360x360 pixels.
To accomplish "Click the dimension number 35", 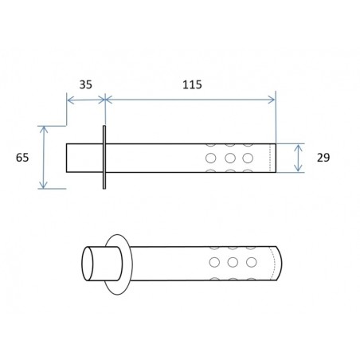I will [x=85, y=84].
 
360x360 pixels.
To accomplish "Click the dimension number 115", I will [x=191, y=84].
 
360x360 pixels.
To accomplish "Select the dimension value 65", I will [x=22, y=157].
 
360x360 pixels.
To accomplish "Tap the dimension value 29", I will [x=323, y=158].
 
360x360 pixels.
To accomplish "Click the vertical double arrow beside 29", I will [x=299, y=158].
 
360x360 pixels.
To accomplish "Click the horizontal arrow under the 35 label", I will [x=85, y=100].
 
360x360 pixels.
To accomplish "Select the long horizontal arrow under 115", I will [x=190, y=100].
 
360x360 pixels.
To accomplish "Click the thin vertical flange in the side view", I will [x=104, y=157].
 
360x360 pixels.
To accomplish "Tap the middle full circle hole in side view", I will [x=230, y=158].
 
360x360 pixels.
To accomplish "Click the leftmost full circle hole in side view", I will [x=212, y=158].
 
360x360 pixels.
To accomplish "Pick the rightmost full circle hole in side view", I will [x=248, y=158].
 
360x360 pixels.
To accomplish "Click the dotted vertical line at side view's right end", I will [x=271, y=158].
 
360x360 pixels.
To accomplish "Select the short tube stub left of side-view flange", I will [x=84, y=158].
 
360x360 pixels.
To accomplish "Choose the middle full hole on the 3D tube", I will [x=233, y=262].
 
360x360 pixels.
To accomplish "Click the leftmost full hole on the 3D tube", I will [x=214, y=262].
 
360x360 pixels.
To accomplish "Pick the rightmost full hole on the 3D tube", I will [x=251, y=262].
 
